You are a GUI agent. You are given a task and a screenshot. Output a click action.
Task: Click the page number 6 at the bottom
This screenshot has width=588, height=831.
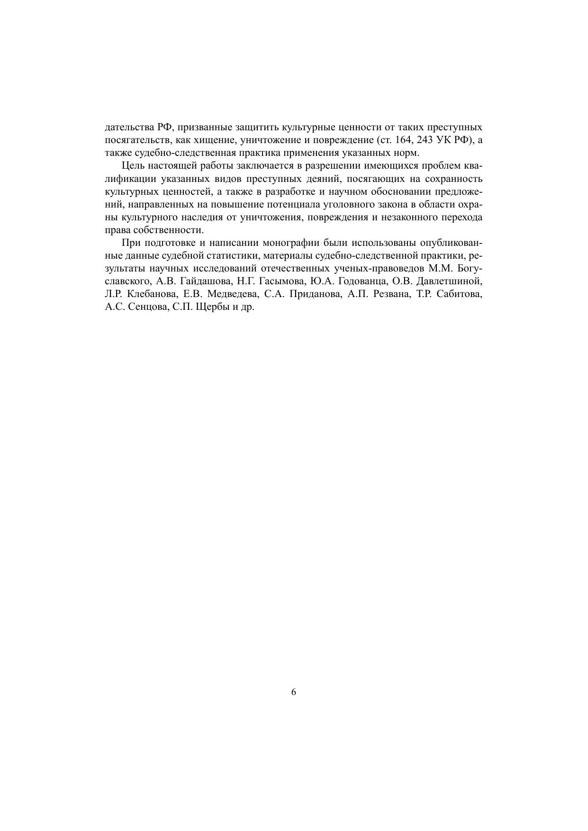coord(294,692)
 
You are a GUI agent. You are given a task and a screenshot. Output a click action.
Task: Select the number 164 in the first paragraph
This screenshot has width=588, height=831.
coord(404,140)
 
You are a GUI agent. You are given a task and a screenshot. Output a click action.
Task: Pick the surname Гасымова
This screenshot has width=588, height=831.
coord(280,281)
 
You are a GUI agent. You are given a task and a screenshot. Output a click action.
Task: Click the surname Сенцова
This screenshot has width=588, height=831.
coord(146,307)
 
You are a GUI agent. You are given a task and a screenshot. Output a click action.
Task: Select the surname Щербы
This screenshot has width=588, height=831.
coord(211,307)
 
